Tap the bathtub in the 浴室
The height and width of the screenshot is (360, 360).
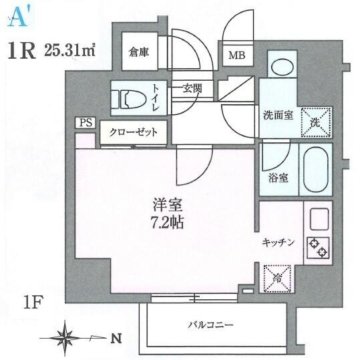[316, 169]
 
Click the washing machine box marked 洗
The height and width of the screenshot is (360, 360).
[316, 122]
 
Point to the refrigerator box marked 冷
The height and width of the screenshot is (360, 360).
[277, 279]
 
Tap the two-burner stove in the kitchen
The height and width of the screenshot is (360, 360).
[318, 247]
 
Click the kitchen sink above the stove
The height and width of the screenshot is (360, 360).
[319, 219]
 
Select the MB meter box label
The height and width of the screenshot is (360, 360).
[237, 55]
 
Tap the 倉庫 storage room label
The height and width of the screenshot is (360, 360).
[139, 52]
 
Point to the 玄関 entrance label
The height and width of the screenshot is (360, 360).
[192, 88]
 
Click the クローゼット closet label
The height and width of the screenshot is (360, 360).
[134, 132]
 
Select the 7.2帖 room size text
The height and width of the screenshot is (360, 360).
[167, 222]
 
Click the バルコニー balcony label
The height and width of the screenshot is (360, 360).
[210, 325]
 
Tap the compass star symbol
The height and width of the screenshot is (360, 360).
[65, 338]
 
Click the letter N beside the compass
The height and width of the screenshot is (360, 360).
[116, 339]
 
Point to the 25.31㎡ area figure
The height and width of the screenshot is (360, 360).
[69, 50]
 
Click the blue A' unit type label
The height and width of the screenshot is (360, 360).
[19, 19]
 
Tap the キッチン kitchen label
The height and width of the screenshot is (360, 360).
[278, 242]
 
